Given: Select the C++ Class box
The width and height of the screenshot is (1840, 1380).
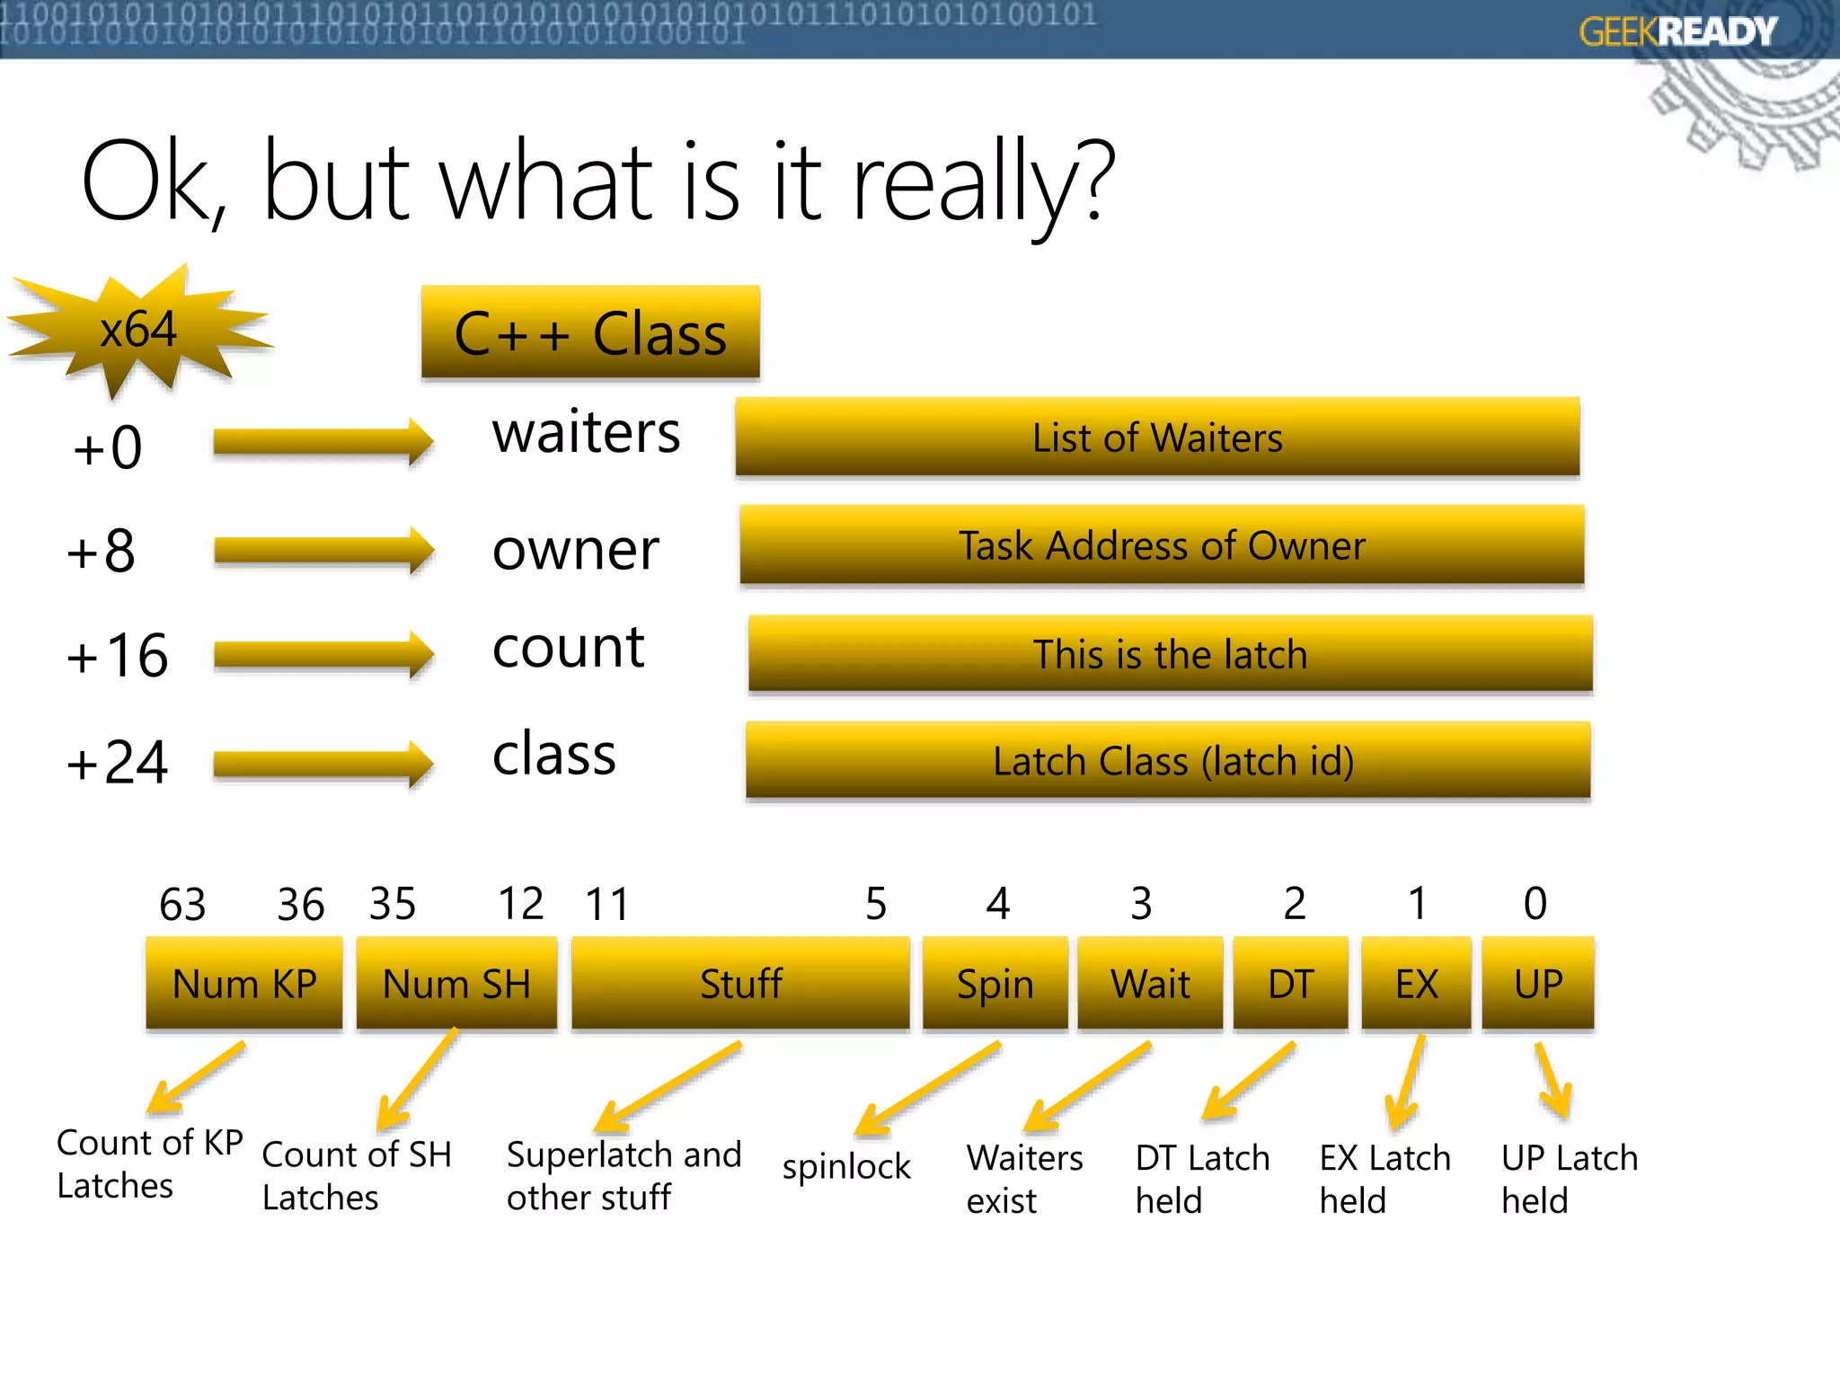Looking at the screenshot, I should (590, 333).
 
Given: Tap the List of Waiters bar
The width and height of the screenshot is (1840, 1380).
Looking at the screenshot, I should (1157, 438).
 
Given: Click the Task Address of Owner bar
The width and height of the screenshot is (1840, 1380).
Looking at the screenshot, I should (1162, 545).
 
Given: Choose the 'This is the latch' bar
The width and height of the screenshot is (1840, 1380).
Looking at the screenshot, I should (1170, 653).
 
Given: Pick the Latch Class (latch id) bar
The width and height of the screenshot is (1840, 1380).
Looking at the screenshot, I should (1168, 761).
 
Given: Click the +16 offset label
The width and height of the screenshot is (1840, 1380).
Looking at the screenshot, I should (117, 655).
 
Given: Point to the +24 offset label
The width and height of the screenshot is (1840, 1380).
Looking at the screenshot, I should (117, 763).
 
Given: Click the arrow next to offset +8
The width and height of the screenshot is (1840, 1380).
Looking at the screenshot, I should (323, 550).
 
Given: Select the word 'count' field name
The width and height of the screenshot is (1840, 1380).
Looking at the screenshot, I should (568, 647).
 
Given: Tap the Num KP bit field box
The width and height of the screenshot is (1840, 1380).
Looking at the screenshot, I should (244, 984).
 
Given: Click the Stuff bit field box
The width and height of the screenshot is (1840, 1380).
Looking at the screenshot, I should (740, 984).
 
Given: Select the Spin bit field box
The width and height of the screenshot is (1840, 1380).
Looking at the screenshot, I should (995, 984).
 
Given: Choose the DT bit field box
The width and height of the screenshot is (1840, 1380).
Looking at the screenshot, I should (1290, 984).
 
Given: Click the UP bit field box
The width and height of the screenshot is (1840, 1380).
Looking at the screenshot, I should (1537, 984).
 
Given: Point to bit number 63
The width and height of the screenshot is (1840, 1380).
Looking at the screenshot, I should (182, 904).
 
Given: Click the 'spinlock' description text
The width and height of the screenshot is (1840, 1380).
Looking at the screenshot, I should (846, 1166).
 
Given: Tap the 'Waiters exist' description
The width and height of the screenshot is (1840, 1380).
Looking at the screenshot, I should (1024, 1179).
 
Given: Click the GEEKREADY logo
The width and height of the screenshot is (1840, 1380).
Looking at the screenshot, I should (1677, 32).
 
